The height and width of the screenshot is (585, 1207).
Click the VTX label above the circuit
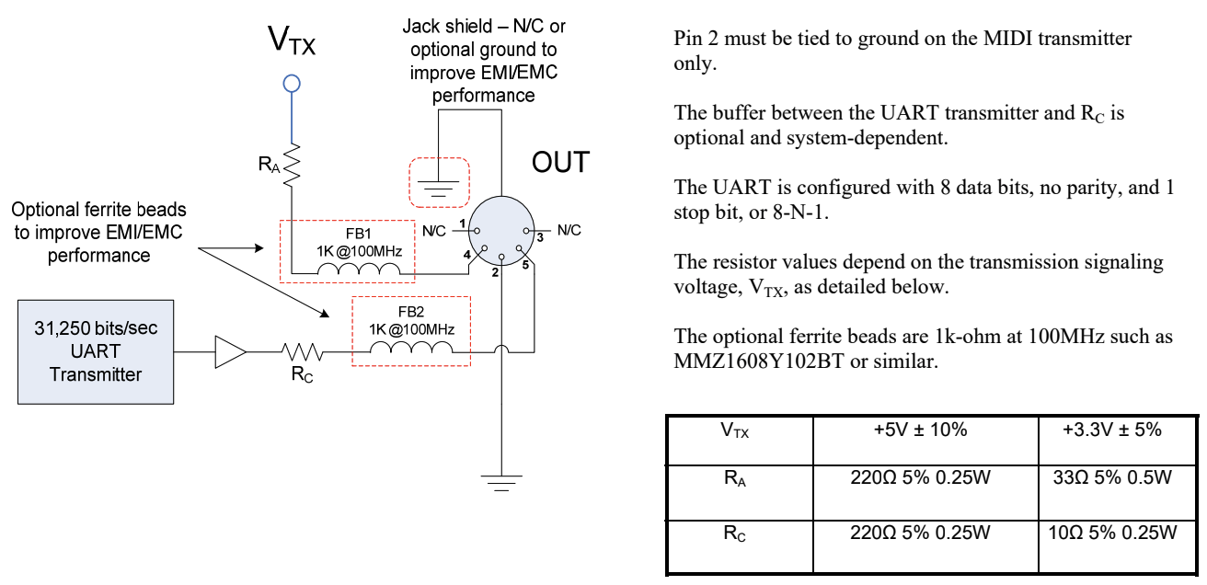coord(292,41)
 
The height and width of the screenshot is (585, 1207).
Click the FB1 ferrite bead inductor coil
coord(359,271)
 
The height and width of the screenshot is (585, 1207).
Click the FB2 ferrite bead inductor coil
coord(411,350)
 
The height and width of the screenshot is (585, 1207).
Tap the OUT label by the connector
coord(559,163)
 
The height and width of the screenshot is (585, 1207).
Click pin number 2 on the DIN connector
coord(494,273)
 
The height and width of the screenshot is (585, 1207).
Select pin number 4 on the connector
coord(467,253)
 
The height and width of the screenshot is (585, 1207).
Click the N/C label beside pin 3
coord(569,230)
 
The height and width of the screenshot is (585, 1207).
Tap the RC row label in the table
coord(733,533)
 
